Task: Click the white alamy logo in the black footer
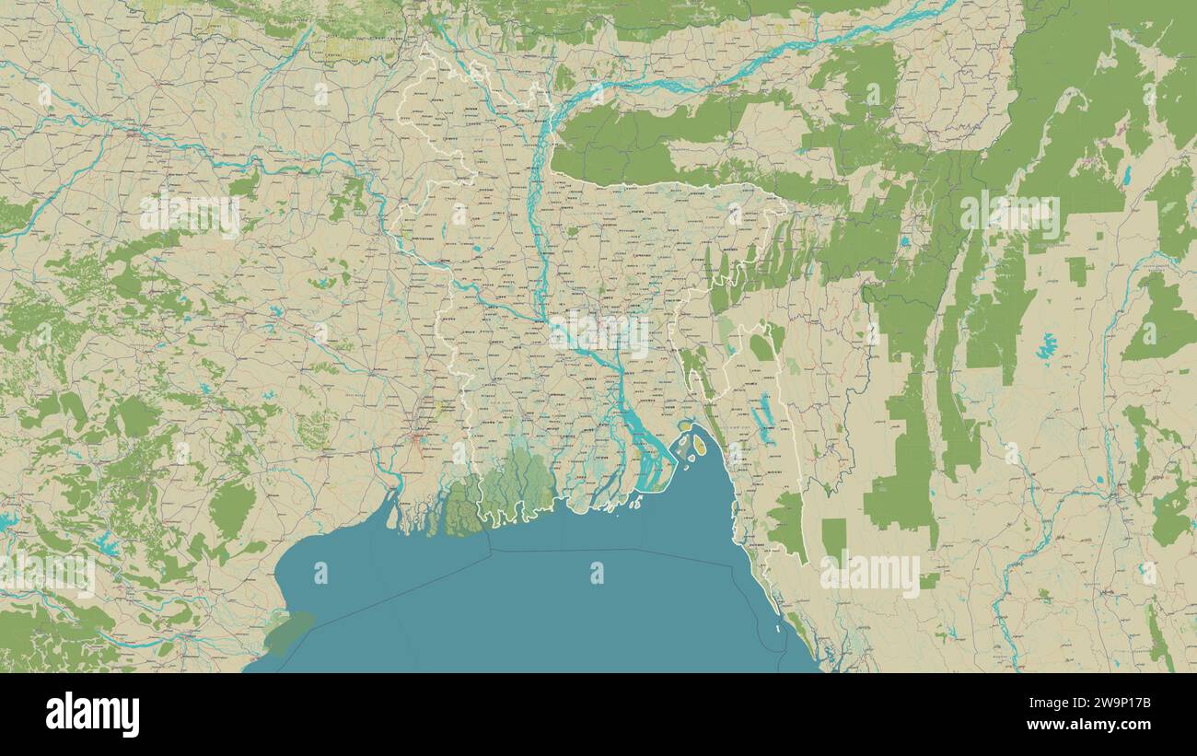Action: tap(92, 715)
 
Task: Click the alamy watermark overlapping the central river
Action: tap(598, 334)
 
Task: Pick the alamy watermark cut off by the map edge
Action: tap(48, 573)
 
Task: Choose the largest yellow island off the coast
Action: tap(699, 446)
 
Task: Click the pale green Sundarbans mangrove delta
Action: tap(516, 483)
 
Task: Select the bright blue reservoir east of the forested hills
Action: tap(1045, 347)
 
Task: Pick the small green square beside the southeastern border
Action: tap(833, 536)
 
